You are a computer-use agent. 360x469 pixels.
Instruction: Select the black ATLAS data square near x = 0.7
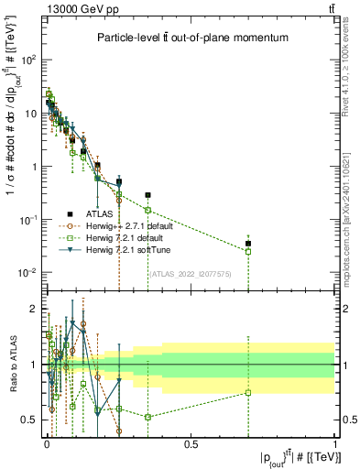click(247, 244)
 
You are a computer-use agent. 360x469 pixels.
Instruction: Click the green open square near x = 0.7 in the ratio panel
click(247, 393)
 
